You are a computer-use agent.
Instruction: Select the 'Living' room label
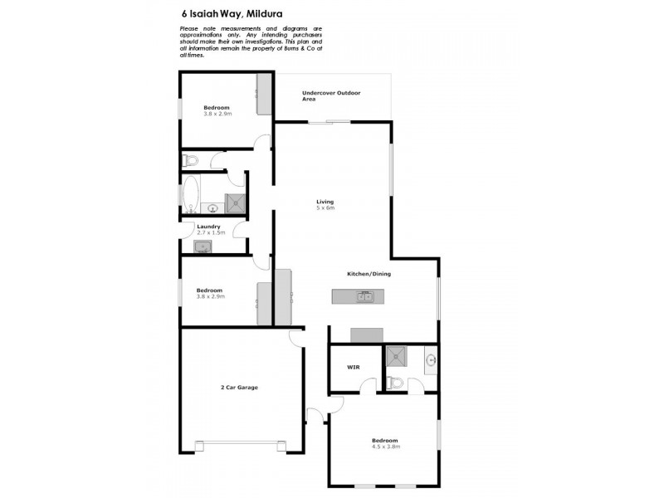tap(325, 203)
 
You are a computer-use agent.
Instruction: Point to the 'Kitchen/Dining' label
tap(369, 274)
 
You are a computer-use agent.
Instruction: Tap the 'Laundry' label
tap(208, 227)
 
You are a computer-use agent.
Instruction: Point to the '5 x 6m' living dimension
tap(325, 208)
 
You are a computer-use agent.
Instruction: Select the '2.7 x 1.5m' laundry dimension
tap(211, 233)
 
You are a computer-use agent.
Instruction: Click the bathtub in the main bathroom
tap(191, 193)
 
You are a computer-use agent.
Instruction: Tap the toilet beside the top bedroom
tap(189, 159)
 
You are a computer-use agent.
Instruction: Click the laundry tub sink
tap(203, 246)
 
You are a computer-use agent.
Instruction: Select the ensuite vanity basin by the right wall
tap(431, 359)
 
